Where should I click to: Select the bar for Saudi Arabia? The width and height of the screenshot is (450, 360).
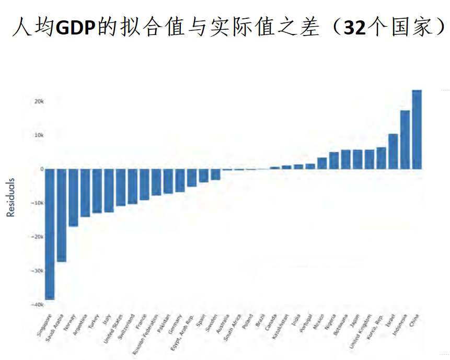(x=62, y=215)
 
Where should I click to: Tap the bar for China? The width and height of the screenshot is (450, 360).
(x=417, y=130)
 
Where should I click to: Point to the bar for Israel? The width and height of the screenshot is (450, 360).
(x=393, y=152)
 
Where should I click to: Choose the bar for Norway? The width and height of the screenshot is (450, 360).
(x=73, y=198)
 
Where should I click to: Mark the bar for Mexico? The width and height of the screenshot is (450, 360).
(x=322, y=164)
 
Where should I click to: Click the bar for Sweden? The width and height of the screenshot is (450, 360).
(x=215, y=174)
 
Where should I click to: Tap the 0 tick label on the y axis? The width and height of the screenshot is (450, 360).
(x=41, y=169)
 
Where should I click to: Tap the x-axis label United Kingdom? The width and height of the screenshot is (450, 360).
(x=361, y=331)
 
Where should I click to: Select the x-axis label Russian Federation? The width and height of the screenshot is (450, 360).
(x=146, y=334)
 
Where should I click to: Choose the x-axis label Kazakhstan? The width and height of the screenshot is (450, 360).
(x=279, y=327)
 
